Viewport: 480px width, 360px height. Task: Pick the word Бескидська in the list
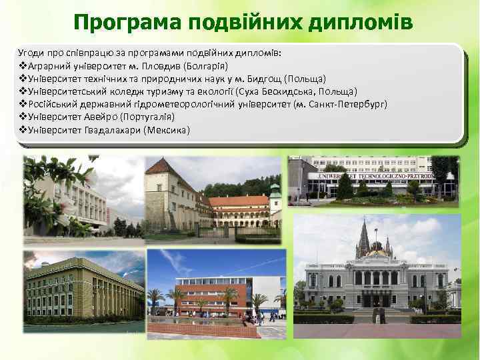(x=287, y=91)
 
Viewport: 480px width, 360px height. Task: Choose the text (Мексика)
(x=167, y=129)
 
